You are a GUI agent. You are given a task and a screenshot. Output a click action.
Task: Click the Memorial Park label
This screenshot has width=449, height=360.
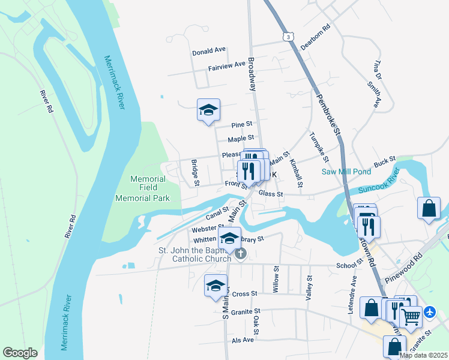142,198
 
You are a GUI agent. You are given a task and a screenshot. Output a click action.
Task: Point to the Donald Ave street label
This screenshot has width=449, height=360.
209,52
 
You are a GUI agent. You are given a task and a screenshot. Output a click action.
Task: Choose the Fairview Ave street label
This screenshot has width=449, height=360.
227,66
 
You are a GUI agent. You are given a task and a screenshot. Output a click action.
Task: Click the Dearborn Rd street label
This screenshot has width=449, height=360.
316,37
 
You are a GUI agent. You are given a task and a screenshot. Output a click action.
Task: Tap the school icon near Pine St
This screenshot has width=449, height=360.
208,110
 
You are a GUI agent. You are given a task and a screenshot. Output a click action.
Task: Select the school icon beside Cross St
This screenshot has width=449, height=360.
215,286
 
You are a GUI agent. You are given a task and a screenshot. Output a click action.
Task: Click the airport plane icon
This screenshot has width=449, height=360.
430,313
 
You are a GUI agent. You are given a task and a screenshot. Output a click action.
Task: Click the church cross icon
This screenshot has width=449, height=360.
240,254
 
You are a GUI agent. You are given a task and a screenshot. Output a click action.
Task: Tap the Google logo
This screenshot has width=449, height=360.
20,353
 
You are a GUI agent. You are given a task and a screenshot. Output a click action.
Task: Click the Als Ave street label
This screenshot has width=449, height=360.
243,340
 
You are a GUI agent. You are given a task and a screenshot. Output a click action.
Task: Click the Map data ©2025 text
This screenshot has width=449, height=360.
423,355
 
